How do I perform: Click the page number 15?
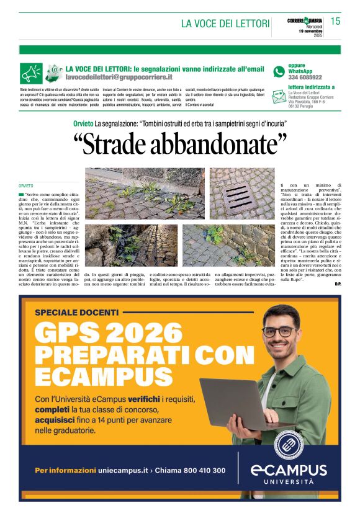(335, 22)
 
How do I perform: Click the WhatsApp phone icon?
(279, 71)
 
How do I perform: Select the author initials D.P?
(338, 283)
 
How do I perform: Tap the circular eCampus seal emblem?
(289, 444)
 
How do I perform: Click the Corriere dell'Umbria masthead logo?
(305, 20)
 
